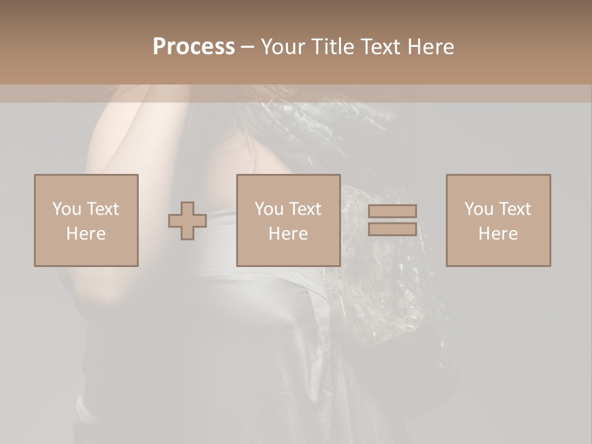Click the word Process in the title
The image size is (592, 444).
coord(194,47)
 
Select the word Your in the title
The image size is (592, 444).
coord(284,47)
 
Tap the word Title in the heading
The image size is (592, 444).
coord(334,47)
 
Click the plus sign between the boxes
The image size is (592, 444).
coord(187,220)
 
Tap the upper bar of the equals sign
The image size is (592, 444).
coord(392,211)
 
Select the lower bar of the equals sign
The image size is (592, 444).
coord(392,229)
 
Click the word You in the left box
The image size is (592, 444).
coord(67,209)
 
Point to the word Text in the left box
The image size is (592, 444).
coord(102,209)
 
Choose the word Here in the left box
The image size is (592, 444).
coord(86,234)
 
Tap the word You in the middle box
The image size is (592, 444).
coord(269,209)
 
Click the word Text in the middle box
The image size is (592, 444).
coord(305,209)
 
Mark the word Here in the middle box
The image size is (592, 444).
coord(288,234)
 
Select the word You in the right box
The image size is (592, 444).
coord(479,209)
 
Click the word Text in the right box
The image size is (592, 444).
coord(514,209)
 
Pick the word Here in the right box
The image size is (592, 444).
coord(498,234)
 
